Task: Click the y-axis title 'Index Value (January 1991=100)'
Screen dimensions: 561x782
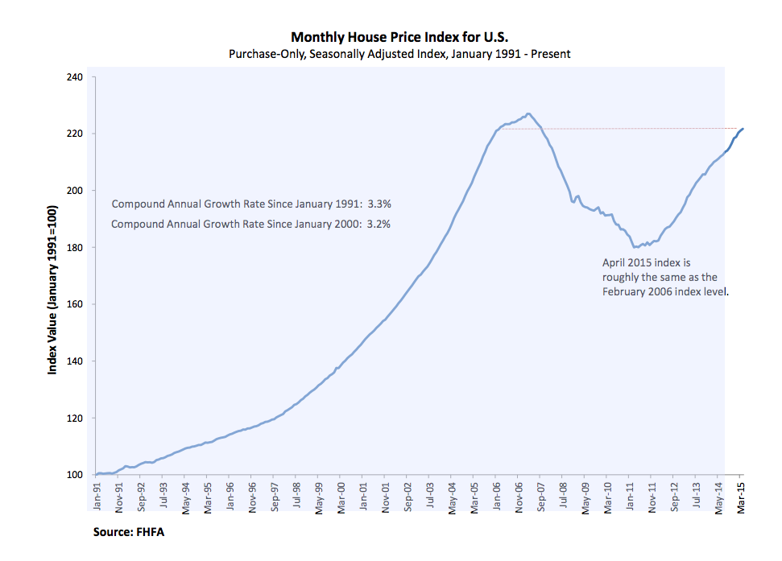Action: coord(52,290)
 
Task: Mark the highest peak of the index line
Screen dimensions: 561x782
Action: coord(528,113)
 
